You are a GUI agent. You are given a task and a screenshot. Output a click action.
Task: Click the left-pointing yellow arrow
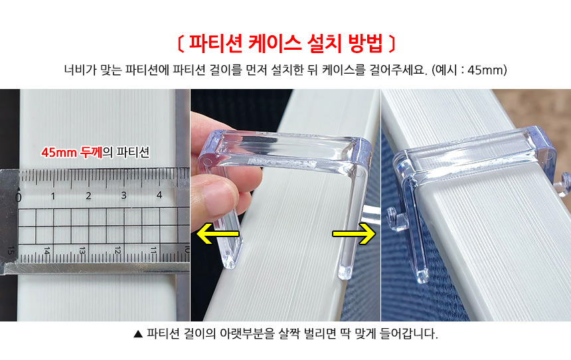[x=217, y=233]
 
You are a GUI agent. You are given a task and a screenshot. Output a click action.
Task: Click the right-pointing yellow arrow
[x=354, y=233]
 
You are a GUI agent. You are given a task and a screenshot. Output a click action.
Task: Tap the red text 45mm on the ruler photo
[x=59, y=152]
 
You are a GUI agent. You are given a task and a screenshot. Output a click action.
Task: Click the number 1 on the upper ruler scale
[x=53, y=196]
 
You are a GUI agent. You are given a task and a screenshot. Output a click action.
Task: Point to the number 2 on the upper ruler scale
[x=88, y=196]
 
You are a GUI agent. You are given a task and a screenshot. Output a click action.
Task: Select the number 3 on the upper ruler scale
[x=123, y=195]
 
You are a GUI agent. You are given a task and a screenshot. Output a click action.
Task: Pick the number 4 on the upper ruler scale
[x=159, y=195]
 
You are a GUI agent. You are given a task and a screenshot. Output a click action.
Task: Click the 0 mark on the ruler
[x=18, y=197]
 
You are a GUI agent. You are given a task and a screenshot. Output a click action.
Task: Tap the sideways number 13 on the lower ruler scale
[x=82, y=250]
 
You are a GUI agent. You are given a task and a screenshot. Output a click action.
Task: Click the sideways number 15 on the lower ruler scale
[x=11, y=250]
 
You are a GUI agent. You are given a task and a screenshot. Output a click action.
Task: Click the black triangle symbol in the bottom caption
[x=138, y=334]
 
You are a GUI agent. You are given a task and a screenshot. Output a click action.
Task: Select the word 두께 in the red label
[x=91, y=152]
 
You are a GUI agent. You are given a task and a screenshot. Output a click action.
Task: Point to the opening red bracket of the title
[x=180, y=44]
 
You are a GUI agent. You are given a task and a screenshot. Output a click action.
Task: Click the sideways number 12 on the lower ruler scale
[x=118, y=250]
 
